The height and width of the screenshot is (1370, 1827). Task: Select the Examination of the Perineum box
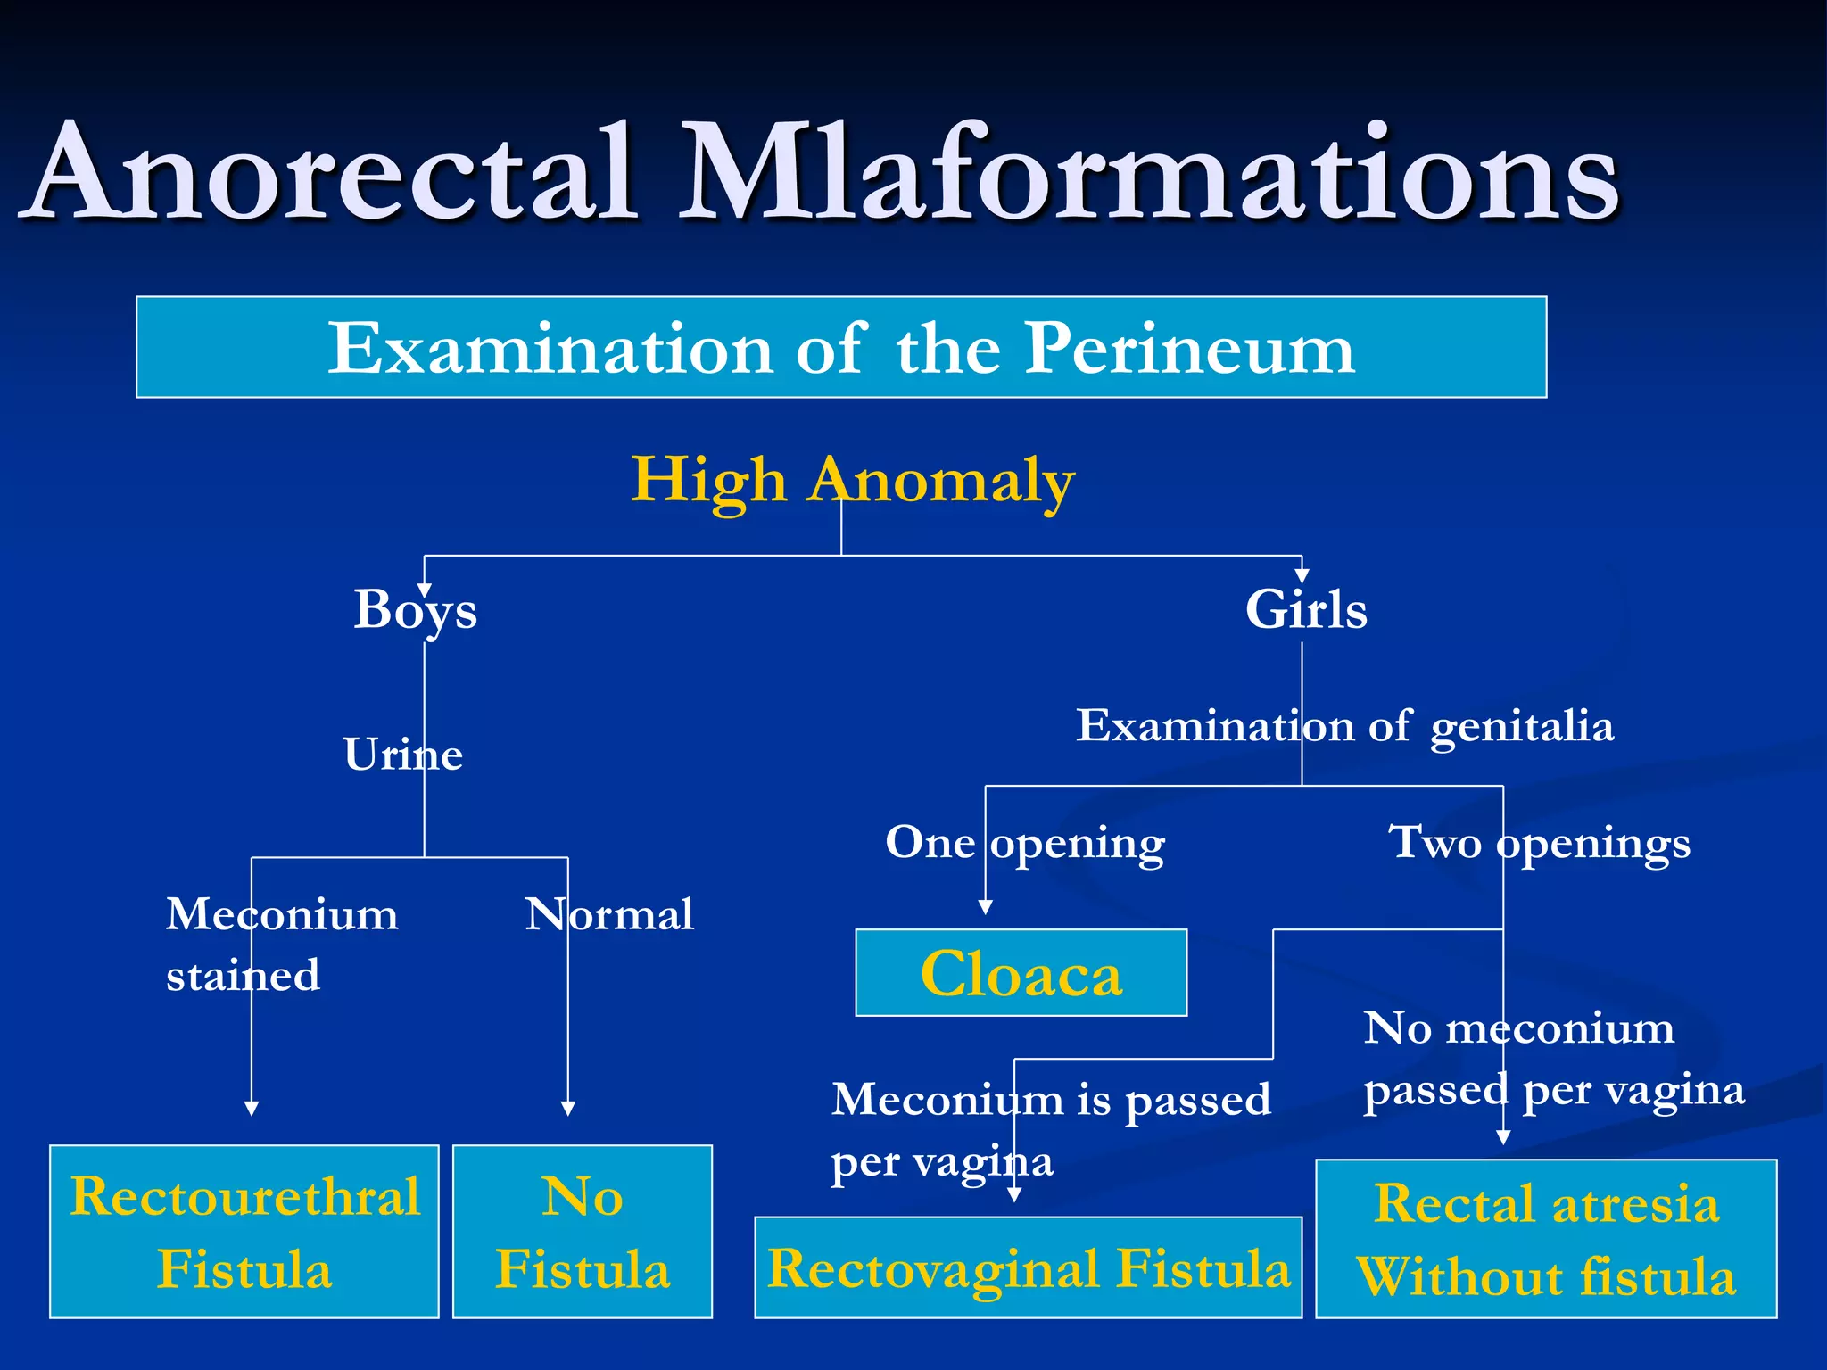[x=840, y=347]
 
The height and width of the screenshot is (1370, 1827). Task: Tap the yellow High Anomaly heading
[x=852, y=480]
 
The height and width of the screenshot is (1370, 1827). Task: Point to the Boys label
[x=415, y=610]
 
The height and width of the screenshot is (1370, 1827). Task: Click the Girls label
[x=1305, y=610]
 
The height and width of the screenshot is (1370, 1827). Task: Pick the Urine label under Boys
[x=402, y=755]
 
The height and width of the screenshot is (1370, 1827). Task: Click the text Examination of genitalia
[x=1343, y=726]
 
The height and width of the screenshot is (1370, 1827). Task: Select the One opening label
[x=1024, y=842]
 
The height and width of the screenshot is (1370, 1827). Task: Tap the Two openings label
[x=1538, y=842]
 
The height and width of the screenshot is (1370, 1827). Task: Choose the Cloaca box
[x=1021, y=972]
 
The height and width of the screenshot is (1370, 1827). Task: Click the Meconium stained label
[x=281, y=944]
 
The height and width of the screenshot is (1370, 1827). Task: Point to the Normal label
[x=609, y=914]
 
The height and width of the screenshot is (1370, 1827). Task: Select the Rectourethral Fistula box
[x=244, y=1231]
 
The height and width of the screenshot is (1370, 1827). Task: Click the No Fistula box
[x=582, y=1231]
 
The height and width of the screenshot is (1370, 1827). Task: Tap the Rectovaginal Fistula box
[x=1028, y=1267]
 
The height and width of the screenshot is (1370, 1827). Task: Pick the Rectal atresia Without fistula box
[x=1545, y=1238]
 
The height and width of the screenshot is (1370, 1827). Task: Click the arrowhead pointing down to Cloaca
[x=985, y=907]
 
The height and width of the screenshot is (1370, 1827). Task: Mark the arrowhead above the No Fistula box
[x=567, y=1109]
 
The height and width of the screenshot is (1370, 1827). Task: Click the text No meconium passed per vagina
[x=1552, y=1059]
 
